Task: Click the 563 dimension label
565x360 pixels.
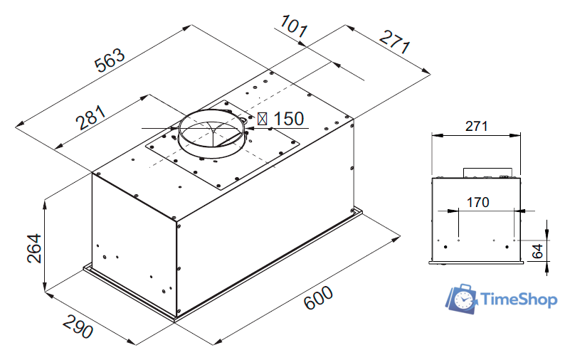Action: tap(110, 60)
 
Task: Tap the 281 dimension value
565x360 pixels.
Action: tap(91, 117)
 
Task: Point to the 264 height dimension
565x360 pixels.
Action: tap(35, 248)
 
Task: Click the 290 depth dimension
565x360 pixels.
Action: tap(78, 326)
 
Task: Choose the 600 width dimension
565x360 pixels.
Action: tap(318, 297)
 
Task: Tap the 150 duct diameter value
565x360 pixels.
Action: tap(289, 119)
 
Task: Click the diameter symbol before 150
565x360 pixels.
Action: tap(263, 119)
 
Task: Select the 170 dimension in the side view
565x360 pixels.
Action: tap(477, 202)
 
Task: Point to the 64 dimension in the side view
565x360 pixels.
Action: tap(537, 251)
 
